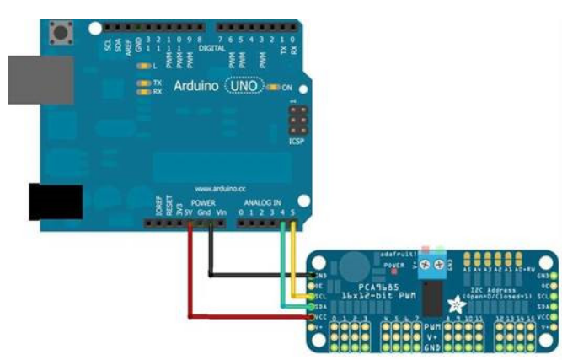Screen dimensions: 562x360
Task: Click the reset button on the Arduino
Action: pos(62,35)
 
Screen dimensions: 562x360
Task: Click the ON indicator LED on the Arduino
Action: pos(273,87)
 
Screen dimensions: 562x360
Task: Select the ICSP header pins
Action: pos(296,125)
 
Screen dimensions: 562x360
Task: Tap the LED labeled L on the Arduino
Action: pos(142,66)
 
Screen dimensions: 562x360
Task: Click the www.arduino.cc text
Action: pos(219,188)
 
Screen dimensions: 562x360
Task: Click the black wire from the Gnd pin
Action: pos(210,257)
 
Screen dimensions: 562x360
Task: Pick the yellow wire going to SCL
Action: pos(292,261)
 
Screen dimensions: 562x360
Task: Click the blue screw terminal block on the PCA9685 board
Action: pos(435,264)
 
